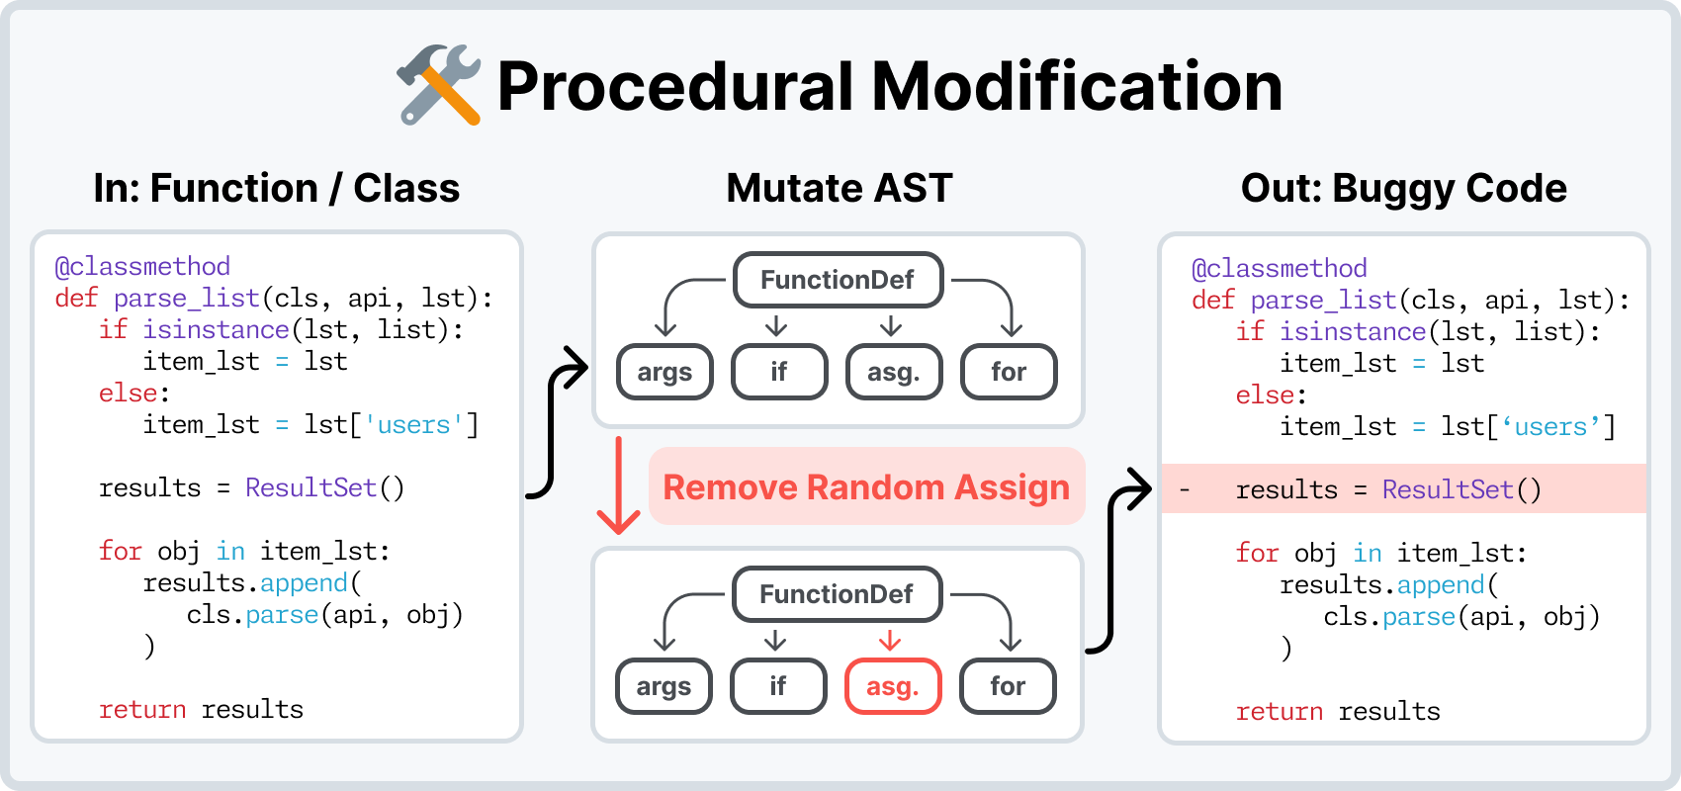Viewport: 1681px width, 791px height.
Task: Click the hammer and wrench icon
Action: pyautogui.click(x=438, y=85)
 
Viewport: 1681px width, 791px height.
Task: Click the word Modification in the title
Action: pyautogui.click(x=1077, y=86)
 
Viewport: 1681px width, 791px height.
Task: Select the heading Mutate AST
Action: pyautogui.click(x=839, y=188)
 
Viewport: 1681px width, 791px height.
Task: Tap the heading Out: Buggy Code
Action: pyautogui.click(x=1403, y=188)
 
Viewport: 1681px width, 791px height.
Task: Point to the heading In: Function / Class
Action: pyautogui.click(x=276, y=188)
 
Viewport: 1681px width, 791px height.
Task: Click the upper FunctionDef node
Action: pyautogui.click(x=838, y=280)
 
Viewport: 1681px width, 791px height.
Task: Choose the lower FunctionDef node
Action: pyautogui.click(x=837, y=594)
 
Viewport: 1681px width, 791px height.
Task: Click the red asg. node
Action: pyautogui.click(x=892, y=686)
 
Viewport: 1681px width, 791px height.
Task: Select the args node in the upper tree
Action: pyautogui.click(x=664, y=372)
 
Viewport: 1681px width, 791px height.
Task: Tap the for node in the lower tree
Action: pyautogui.click(x=1008, y=686)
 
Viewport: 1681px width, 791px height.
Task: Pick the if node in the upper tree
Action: pyautogui.click(x=779, y=372)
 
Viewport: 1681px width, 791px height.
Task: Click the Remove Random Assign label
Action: pyautogui.click(x=866, y=487)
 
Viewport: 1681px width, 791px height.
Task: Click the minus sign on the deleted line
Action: pyautogui.click(x=1185, y=490)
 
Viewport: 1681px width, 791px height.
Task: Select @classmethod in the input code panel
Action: pyautogui.click(x=142, y=266)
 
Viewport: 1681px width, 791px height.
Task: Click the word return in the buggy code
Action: pyautogui.click(x=1279, y=711)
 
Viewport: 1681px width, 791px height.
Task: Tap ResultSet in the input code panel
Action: pyautogui.click(x=310, y=487)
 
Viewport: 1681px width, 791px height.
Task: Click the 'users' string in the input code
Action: pyautogui.click(x=413, y=425)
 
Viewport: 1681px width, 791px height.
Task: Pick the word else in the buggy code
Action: pyautogui.click(x=1265, y=395)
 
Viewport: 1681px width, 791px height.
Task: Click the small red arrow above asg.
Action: pyautogui.click(x=890, y=640)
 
